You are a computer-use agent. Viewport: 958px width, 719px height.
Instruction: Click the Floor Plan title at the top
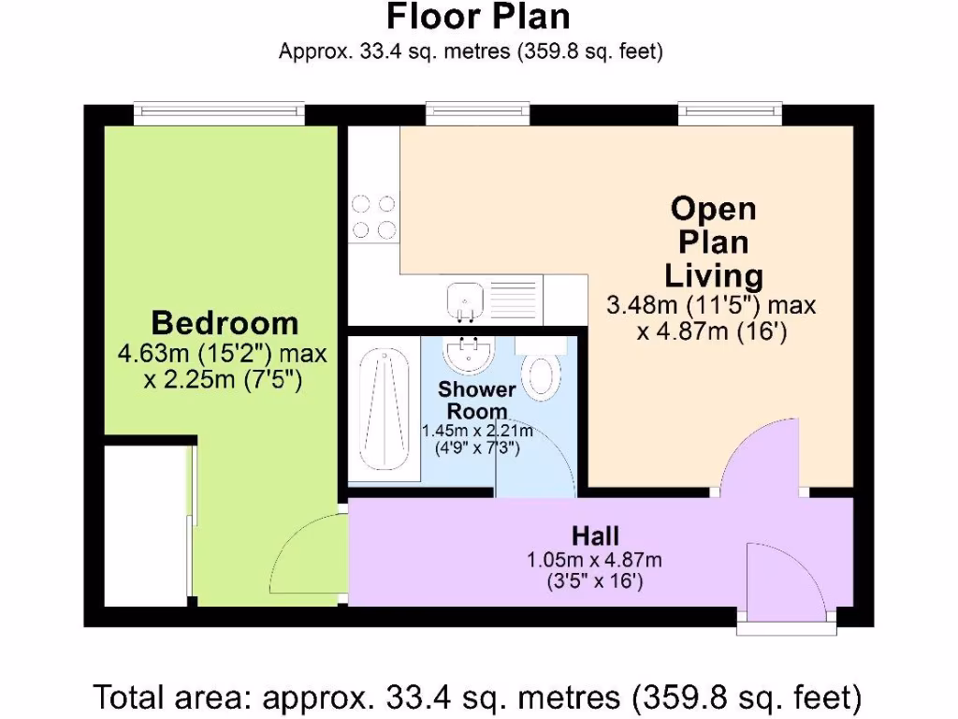(x=478, y=17)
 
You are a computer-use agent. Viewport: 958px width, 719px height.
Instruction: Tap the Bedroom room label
(x=225, y=324)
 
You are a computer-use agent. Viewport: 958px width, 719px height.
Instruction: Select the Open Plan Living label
(x=713, y=242)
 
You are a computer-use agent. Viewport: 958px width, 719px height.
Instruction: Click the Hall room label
(x=595, y=536)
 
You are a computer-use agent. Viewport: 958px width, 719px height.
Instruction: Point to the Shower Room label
(x=476, y=400)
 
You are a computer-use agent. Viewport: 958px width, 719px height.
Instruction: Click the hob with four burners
(x=372, y=216)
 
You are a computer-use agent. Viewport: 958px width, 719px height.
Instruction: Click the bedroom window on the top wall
(x=219, y=113)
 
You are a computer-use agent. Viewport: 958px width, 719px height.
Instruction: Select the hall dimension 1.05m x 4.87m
(x=595, y=561)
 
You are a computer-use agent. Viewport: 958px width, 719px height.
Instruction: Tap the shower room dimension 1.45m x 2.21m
(x=477, y=431)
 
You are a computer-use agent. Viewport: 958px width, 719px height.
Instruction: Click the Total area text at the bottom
(x=477, y=697)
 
